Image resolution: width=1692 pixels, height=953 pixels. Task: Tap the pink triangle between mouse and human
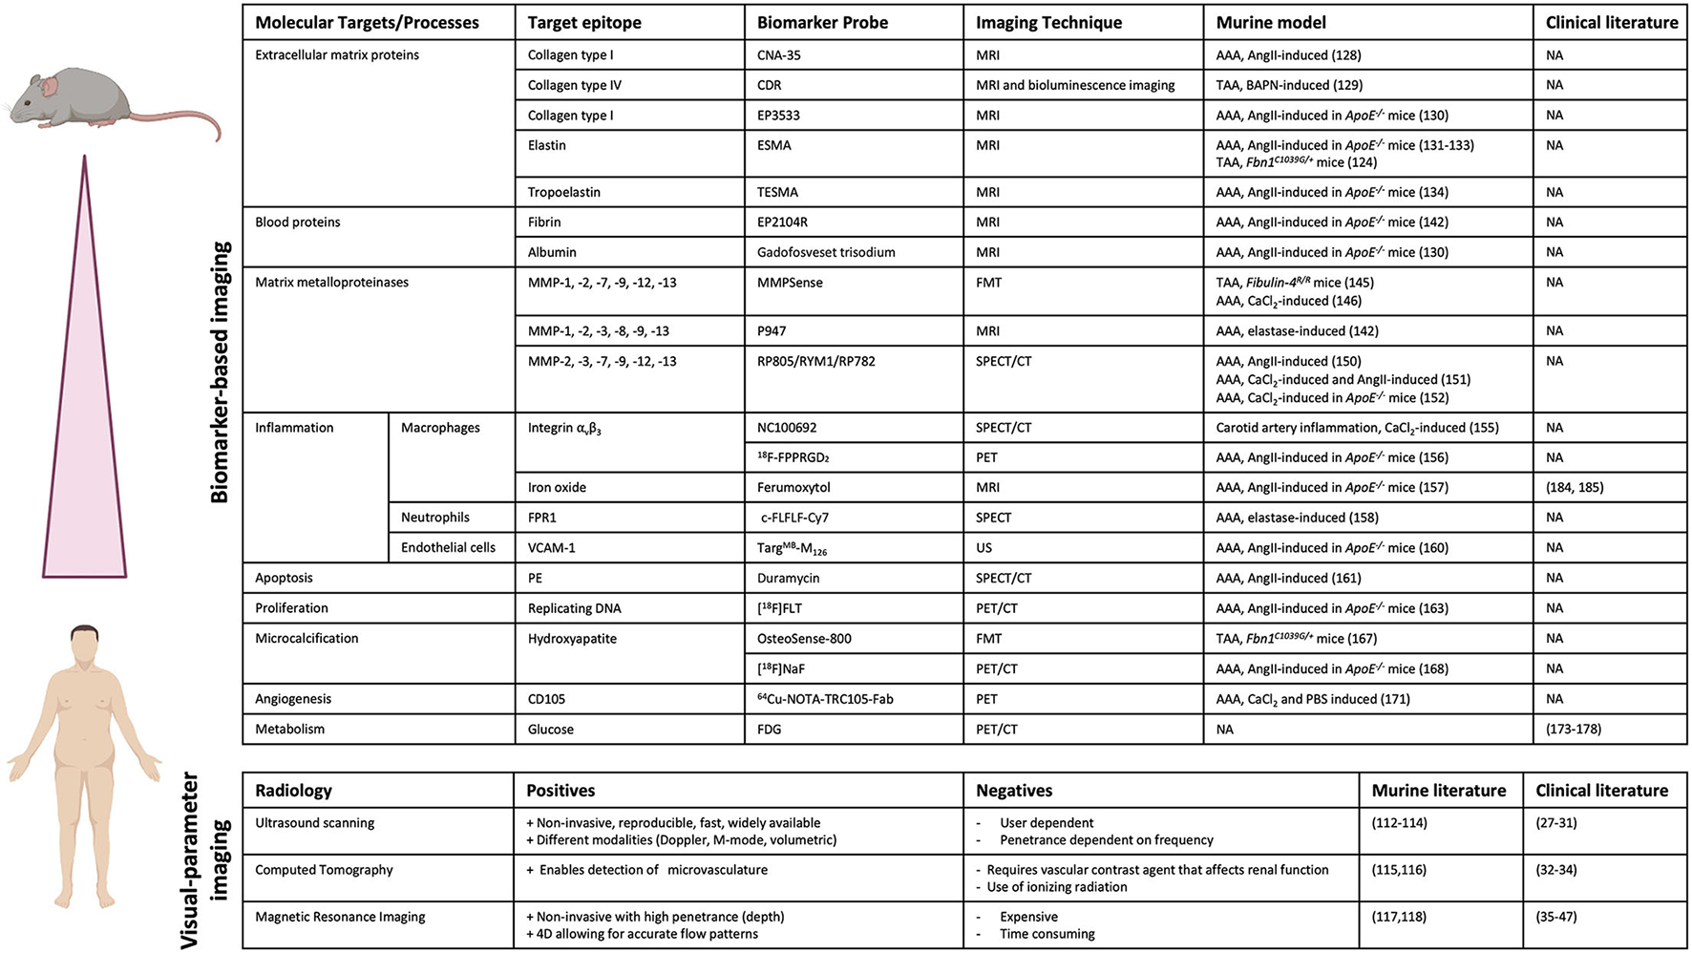85,430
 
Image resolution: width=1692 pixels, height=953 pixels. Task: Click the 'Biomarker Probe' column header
822,22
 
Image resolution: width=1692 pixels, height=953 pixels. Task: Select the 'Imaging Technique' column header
1048,22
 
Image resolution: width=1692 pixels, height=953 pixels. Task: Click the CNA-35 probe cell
779,55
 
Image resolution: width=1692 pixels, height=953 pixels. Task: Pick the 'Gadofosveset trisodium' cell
826,252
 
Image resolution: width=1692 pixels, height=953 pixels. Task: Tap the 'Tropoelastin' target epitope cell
564,192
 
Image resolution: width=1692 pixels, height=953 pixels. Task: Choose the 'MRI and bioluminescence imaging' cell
1075,85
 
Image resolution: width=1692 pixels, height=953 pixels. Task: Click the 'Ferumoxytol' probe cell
793,487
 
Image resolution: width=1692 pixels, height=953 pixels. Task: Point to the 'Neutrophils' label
435,518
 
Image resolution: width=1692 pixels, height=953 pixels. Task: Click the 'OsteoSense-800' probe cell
804,638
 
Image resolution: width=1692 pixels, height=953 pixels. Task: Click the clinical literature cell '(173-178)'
1574,729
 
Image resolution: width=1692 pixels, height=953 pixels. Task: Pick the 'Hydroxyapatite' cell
572,638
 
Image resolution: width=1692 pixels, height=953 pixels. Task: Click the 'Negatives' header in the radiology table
1014,791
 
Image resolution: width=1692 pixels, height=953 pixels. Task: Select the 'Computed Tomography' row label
324,870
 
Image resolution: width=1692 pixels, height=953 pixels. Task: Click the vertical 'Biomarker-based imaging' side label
220,372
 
